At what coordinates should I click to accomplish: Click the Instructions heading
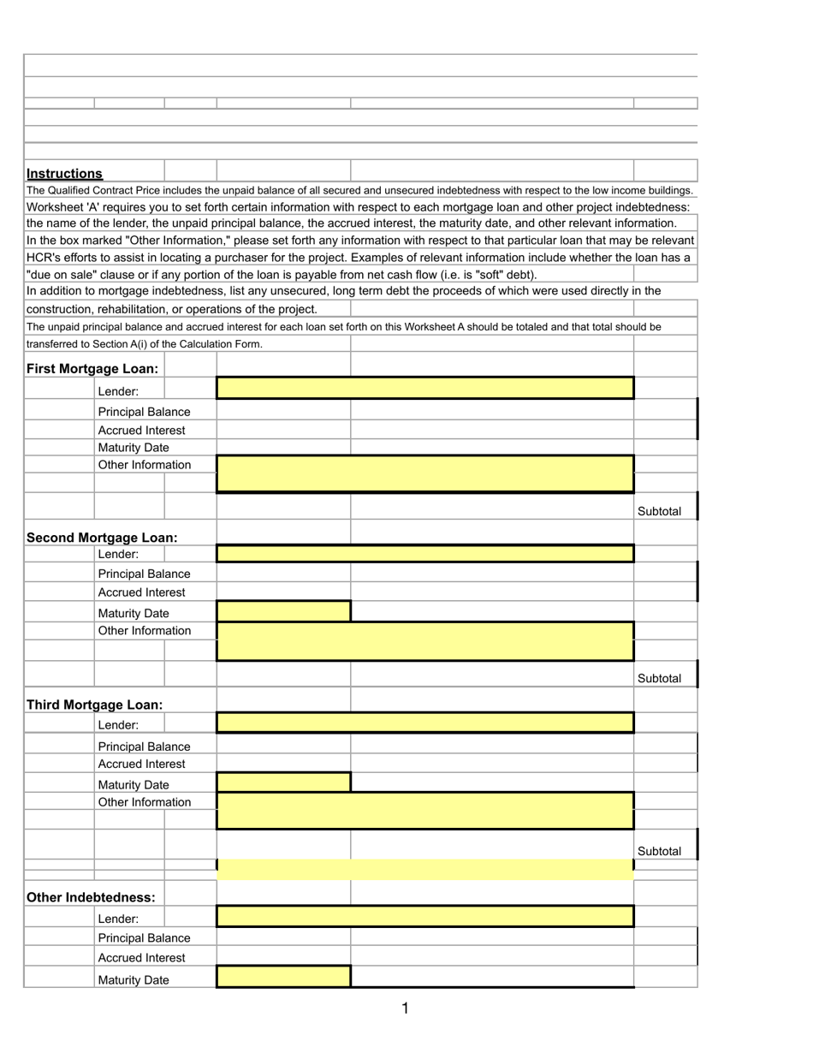[x=65, y=174]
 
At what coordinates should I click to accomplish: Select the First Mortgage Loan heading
[x=92, y=368]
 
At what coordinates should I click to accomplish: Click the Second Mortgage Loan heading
[x=102, y=538]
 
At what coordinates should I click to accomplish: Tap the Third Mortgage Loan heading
[x=95, y=705]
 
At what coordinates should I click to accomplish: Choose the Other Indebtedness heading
[x=92, y=897]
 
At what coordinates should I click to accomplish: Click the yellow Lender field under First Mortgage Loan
[x=424, y=389]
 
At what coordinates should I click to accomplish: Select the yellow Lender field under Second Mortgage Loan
[x=424, y=554]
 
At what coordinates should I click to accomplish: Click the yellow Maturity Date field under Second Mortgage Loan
[x=283, y=611]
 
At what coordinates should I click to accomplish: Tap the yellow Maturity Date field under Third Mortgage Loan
[x=283, y=782]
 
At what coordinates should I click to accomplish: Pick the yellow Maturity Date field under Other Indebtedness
[x=283, y=977]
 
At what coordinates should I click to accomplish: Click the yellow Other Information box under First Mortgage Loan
[x=424, y=473]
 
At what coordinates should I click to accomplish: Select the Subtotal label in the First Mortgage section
[x=660, y=511]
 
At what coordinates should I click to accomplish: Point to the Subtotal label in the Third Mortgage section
[x=660, y=851]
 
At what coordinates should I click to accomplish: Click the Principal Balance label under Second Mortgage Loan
[x=144, y=573]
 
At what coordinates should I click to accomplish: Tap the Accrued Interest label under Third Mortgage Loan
[x=141, y=763]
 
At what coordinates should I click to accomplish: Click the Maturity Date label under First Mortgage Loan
[x=133, y=447]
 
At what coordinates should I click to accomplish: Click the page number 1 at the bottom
[x=405, y=1009]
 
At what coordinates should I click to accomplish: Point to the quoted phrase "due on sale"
[x=62, y=274]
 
